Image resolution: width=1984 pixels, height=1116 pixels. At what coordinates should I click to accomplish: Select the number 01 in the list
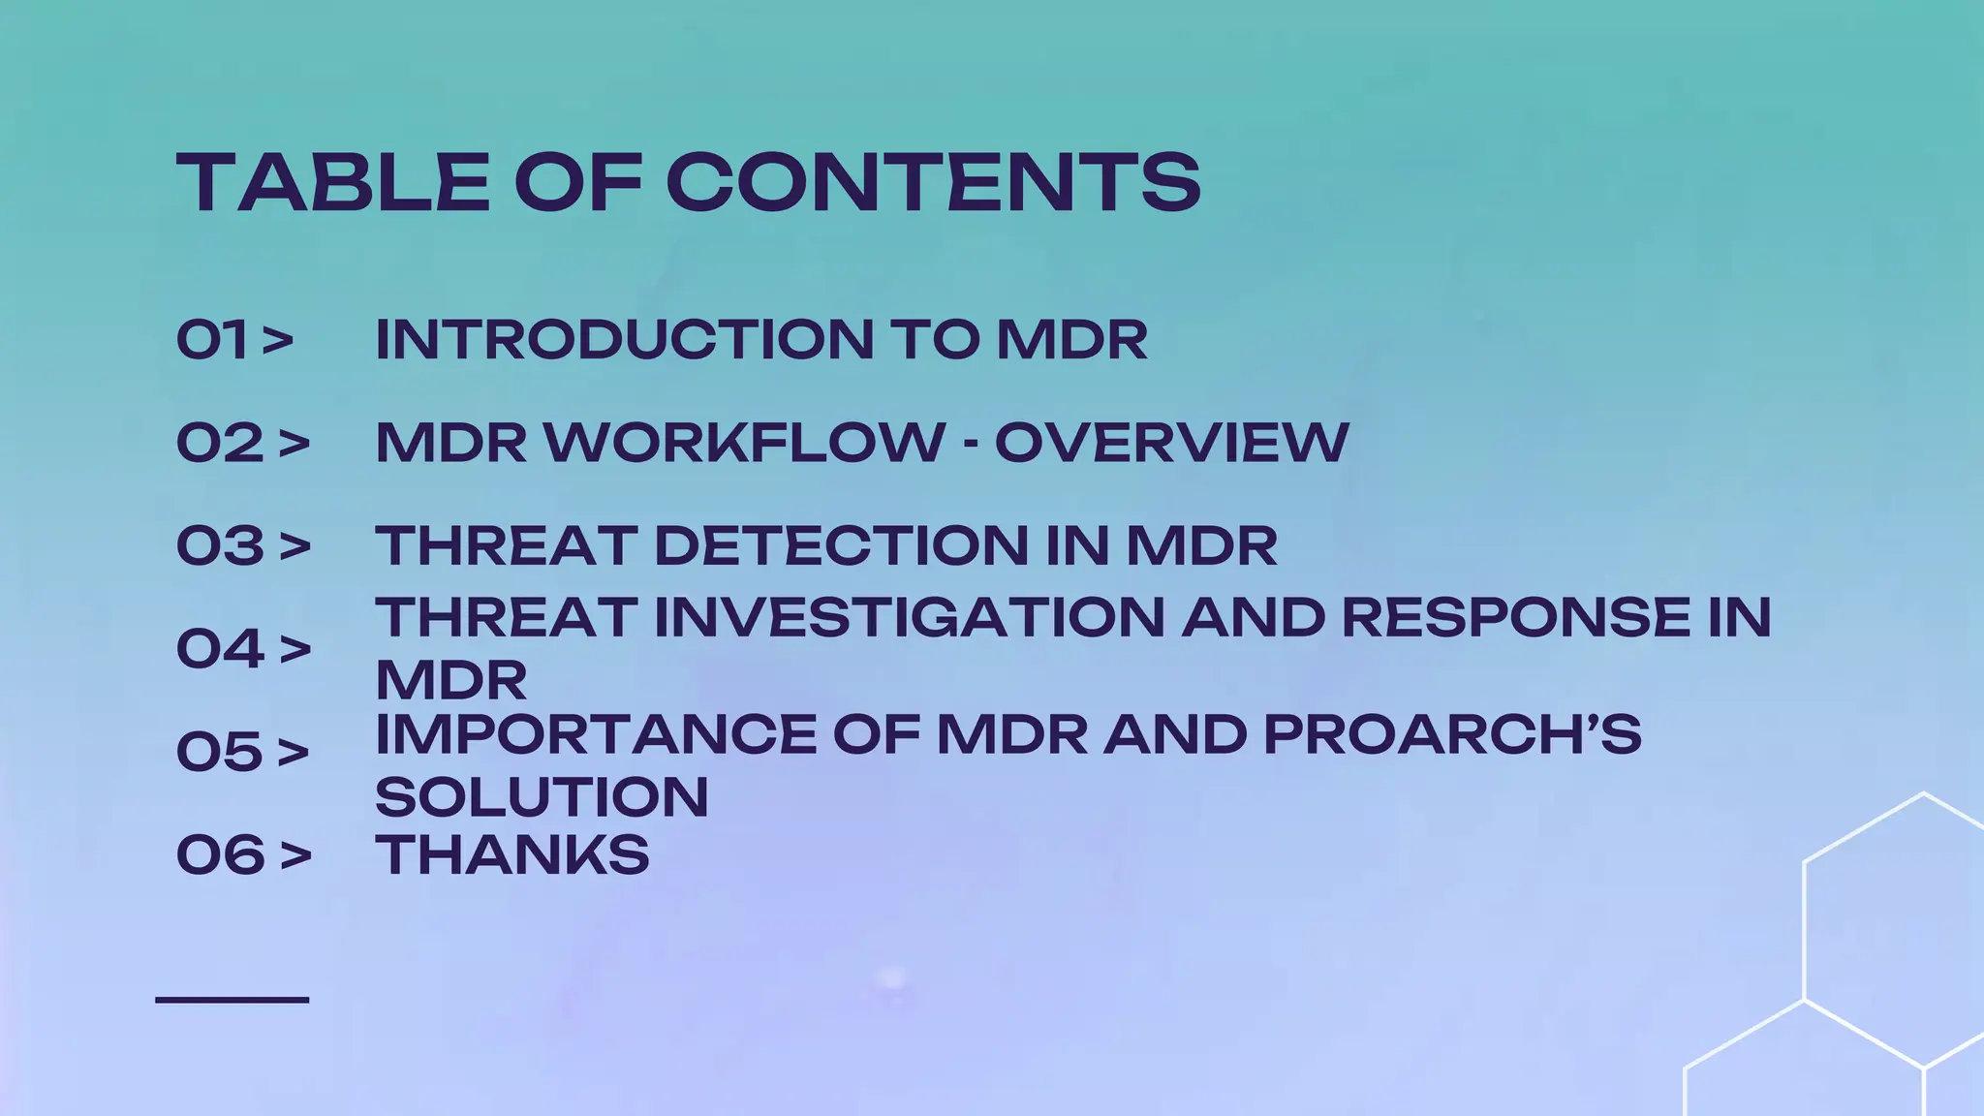click(212, 340)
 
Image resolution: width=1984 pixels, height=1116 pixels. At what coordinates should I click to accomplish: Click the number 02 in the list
click(220, 443)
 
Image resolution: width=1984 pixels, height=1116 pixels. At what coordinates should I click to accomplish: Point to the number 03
click(220, 545)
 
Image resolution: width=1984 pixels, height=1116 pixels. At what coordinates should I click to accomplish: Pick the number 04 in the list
click(220, 648)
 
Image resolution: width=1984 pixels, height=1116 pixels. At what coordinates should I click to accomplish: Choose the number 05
click(220, 752)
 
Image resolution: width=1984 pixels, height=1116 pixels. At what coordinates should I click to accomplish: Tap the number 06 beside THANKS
click(220, 854)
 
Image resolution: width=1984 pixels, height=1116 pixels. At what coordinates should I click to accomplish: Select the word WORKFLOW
click(744, 443)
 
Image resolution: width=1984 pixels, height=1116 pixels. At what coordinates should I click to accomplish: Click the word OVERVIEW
click(1171, 443)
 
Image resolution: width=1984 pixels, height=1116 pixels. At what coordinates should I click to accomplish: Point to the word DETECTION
click(841, 545)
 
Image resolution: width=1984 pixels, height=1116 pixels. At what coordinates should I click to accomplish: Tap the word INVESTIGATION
click(909, 617)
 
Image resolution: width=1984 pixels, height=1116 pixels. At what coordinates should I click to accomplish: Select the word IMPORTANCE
click(596, 734)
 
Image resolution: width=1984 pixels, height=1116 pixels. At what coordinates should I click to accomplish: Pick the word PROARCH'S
click(1452, 734)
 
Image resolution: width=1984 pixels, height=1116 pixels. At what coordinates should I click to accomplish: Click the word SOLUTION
click(542, 797)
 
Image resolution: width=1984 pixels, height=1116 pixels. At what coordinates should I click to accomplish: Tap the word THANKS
click(511, 854)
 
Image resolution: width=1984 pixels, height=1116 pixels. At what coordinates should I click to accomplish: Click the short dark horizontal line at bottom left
click(232, 999)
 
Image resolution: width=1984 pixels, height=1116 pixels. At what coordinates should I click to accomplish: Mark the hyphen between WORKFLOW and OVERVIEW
click(970, 445)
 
